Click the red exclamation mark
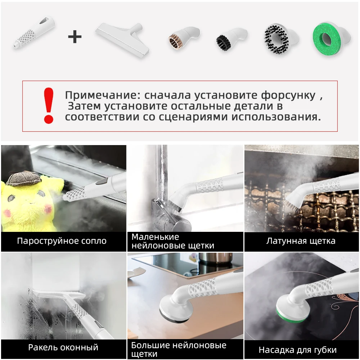[48, 105]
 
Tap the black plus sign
[75, 37]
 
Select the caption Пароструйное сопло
[62, 241]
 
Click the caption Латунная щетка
[301, 241]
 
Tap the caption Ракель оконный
[63, 347]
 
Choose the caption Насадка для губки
[297, 350]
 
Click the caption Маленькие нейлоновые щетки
[173, 241]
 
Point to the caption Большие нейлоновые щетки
[179, 349]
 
